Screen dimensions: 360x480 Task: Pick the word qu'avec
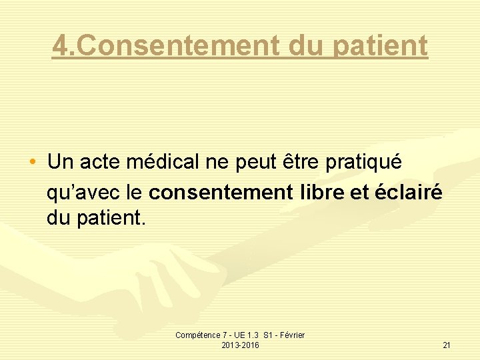coord(82,193)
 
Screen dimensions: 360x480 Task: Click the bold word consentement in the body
coord(221,193)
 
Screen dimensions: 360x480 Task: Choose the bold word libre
coord(322,193)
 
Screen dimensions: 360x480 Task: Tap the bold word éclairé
coord(407,193)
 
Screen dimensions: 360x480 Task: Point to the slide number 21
coord(447,345)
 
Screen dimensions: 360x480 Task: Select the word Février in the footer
coord(292,335)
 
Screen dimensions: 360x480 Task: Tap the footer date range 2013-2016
coord(240,345)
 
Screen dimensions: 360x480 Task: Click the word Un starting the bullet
coord(61,161)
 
